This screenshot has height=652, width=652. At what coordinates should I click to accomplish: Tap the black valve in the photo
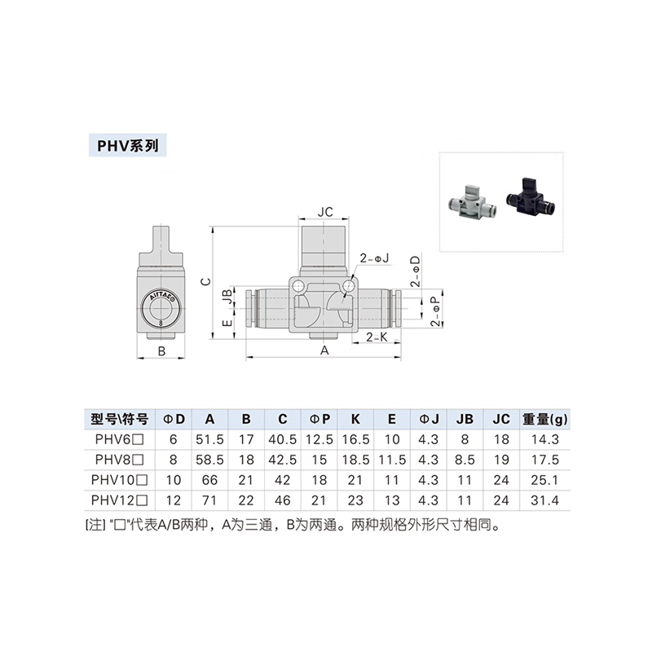(x=531, y=196)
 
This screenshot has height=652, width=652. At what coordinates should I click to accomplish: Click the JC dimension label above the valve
(x=324, y=211)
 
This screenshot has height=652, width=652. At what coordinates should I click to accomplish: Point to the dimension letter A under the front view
(x=324, y=350)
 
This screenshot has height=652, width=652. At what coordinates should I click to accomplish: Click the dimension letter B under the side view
(x=161, y=351)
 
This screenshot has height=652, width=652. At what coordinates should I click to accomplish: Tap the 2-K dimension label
(x=376, y=335)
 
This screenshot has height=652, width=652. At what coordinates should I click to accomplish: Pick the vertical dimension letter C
(x=207, y=281)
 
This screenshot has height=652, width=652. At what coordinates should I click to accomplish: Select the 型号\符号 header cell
(x=119, y=420)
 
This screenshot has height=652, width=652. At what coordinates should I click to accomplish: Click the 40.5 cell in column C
(x=282, y=439)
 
